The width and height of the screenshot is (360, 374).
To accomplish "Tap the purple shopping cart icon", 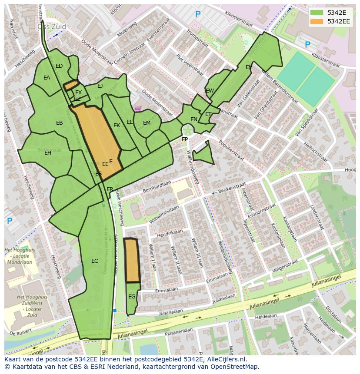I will [138, 109].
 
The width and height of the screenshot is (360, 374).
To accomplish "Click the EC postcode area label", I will [94, 261].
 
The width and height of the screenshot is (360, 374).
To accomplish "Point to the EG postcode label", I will [132, 297].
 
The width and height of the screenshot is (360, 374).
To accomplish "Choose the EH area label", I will [48, 153].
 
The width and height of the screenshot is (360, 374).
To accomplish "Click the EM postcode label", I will [147, 123].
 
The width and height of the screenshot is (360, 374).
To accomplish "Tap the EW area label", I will [210, 91].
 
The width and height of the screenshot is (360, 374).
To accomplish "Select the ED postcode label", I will [59, 66].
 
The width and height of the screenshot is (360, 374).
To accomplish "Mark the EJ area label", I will [100, 86].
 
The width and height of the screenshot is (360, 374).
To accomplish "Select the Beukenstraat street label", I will [232, 189].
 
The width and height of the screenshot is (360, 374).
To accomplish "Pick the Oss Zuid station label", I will [52, 26].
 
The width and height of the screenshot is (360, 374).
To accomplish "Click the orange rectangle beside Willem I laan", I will [132, 260].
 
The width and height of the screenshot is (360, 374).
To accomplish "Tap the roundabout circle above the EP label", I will [188, 130].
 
